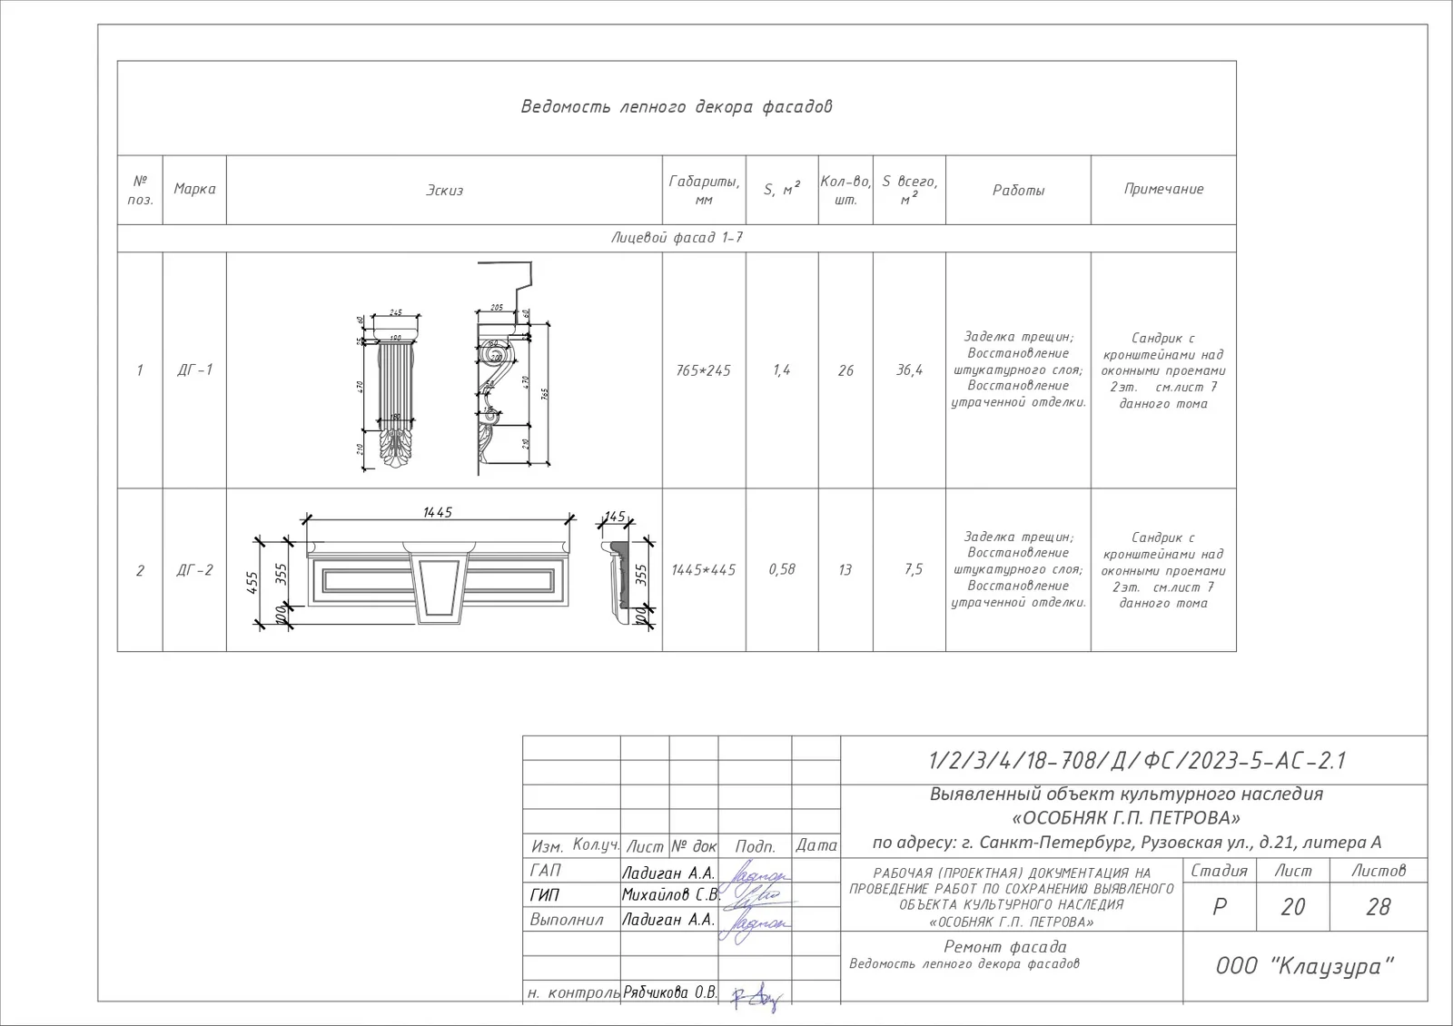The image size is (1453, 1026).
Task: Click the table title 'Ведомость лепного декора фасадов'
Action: pyautogui.click(x=677, y=107)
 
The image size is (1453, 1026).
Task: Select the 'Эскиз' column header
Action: pyautogui.click(x=444, y=191)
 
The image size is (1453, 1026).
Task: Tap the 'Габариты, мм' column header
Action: pyautogui.click(x=704, y=190)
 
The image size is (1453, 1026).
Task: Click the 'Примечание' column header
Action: pyautogui.click(x=1163, y=189)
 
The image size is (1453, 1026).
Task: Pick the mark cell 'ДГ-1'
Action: pyautogui.click(x=194, y=370)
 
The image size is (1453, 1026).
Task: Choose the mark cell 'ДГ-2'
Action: pyautogui.click(x=194, y=570)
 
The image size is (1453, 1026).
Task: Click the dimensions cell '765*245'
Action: pyautogui.click(x=703, y=370)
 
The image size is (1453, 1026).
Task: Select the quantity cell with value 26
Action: pyautogui.click(x=845, y=370)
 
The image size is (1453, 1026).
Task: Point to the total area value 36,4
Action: pyautogui.click(x=909, y=370)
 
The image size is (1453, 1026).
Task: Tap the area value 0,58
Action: pyautogui.click(x=781, y=569)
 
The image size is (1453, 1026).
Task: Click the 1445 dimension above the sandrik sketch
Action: pyautogui.click(x=437, y=513)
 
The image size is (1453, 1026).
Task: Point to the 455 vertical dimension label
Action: pyautogui.click(x=253, y=582)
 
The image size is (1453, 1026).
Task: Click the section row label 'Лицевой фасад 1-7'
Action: pyautogui.click(x=677, y=238)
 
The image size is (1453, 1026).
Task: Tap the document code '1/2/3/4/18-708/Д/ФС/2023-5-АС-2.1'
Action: pyautogui.click(x=1136, y=761)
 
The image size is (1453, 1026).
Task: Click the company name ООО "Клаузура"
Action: pyautogui.click(x=1304, y=966)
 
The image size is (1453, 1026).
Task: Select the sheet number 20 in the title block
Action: pyautogui.click(x=1292, y=907)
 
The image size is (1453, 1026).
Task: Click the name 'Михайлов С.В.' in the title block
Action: pyautogui.click(x=670, y=895)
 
